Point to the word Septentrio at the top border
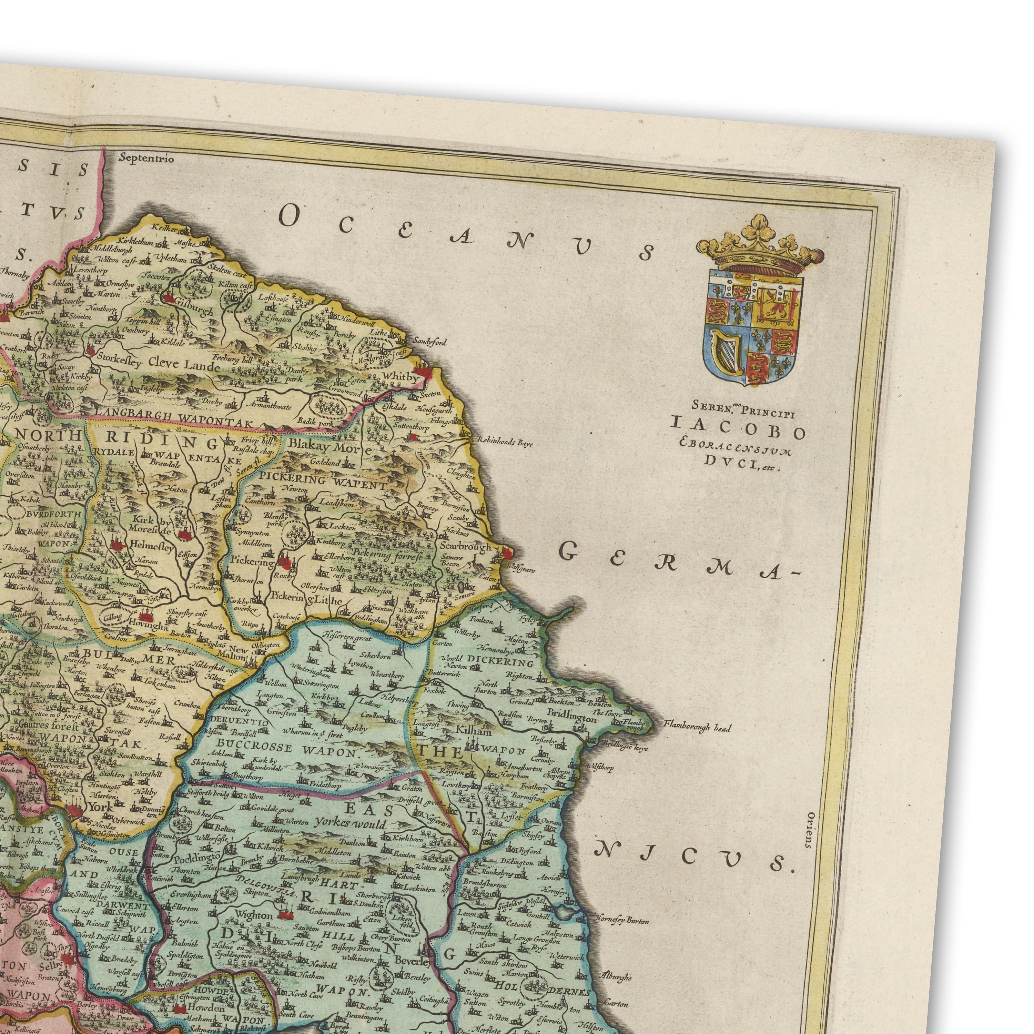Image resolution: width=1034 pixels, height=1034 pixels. point(146,159)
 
